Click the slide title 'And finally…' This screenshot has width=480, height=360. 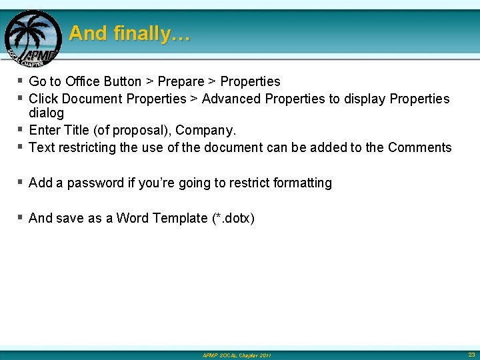click(129, 33)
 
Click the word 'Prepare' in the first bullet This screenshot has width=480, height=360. click(181, 81)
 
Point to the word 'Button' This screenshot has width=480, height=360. click(123, 81)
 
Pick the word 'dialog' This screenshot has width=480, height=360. click(47, 113)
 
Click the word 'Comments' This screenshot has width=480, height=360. click(419, 147)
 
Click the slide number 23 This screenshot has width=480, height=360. click(471, 354)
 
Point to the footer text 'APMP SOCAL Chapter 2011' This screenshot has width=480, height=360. click(237, 355)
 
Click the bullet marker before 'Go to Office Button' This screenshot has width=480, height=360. click(21, 81)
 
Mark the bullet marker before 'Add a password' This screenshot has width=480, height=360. click(21, 182)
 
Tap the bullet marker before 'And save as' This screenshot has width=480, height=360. click(21, 217)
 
